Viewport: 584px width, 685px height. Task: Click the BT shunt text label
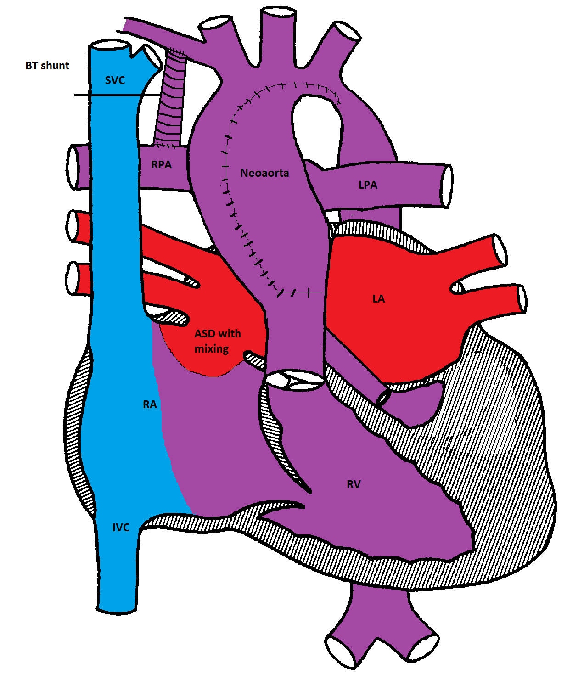point(47,66)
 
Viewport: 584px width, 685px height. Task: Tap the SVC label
point(115,80)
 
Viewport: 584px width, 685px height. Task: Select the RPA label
point(162,165)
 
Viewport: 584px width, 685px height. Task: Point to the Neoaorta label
point(264,173)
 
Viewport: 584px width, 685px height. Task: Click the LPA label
point(368,185)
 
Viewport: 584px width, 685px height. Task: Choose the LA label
point(378,299)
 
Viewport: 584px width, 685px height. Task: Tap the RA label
point(150,404)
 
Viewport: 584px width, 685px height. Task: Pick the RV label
point(354,484)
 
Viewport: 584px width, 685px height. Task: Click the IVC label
point(121,528)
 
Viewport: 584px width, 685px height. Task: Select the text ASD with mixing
point(217,341)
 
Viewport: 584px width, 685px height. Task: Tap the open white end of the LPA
point(446,186)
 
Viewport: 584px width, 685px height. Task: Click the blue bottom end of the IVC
point(117,606)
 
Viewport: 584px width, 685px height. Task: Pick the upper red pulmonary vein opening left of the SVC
point(73,225)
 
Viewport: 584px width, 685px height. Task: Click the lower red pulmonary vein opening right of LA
point(522,299)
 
